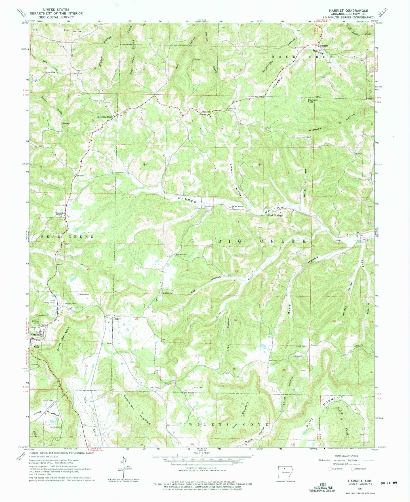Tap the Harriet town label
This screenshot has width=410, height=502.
[x=324, y=45]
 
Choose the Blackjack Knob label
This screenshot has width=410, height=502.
[x=314, y=101]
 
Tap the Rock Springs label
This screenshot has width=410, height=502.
[x=276, y=215]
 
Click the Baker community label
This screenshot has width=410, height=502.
[x=117, y=319]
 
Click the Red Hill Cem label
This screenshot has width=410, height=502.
[x=181, y=254]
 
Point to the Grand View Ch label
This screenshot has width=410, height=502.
[x=52, y=72]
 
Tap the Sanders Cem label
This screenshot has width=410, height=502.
[x=55, y=427]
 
